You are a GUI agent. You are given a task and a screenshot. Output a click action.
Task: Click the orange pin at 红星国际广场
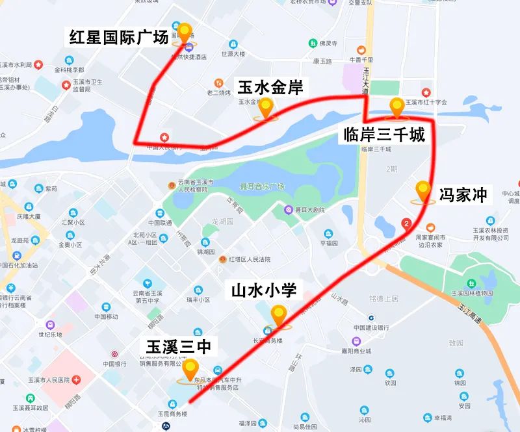coord(185,33)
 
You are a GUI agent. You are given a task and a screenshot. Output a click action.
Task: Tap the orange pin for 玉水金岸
coord(265,108)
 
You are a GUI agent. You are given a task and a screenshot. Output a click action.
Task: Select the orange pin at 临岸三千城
coord(396,108)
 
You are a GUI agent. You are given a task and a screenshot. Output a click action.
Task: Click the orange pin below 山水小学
coord(279,316)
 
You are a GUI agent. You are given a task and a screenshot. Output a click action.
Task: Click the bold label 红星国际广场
coord(118,37)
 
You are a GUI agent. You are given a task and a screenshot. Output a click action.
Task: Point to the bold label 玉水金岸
coord(270,86)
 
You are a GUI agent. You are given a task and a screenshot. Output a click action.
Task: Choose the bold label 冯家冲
coord(463,194)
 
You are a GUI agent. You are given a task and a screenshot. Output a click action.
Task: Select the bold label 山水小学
coord(264,290)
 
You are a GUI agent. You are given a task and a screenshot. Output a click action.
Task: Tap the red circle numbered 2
coord(407,224)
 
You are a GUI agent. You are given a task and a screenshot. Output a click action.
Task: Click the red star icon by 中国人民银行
coord(165,137)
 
